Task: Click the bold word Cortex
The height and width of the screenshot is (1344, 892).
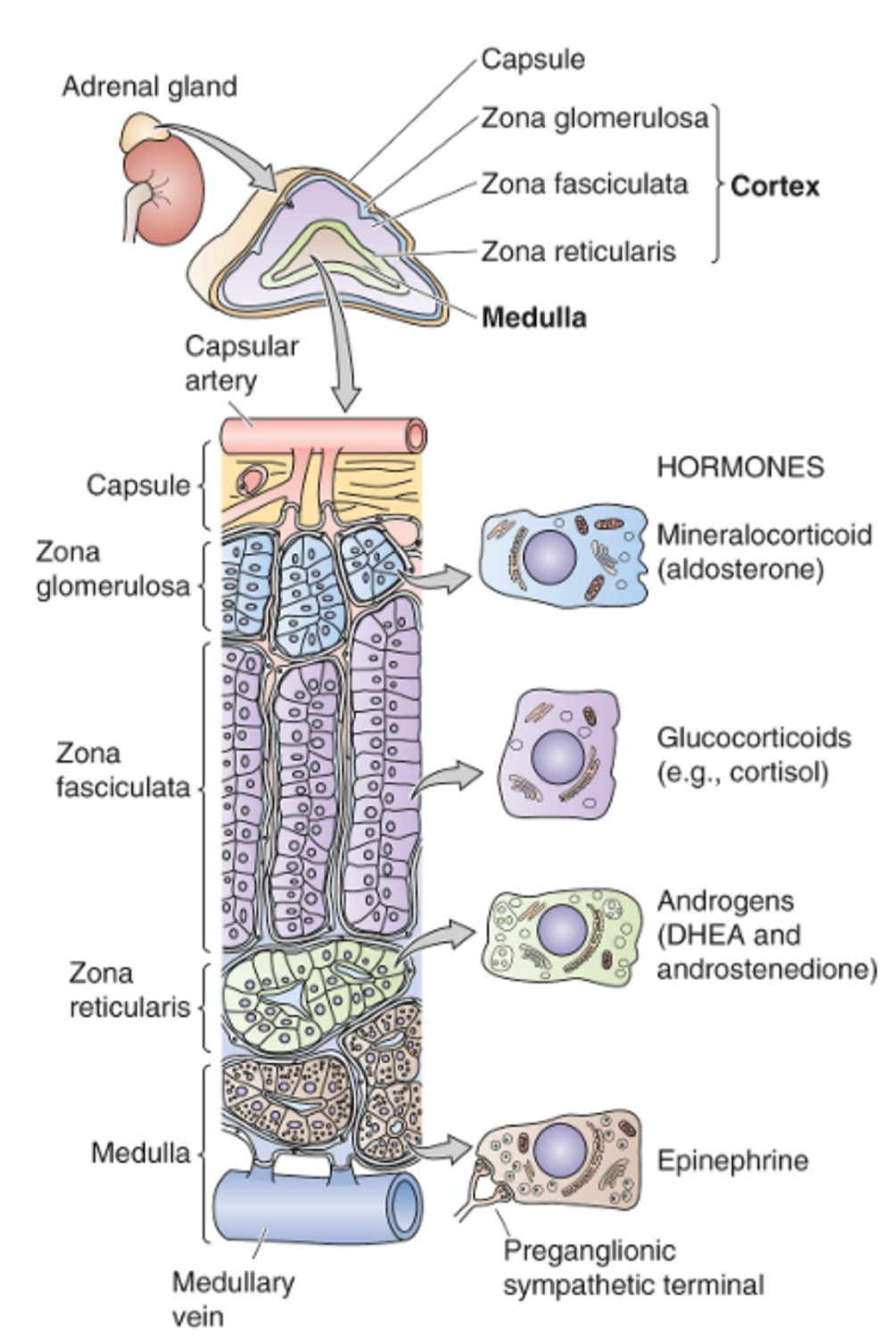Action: coord(774,186)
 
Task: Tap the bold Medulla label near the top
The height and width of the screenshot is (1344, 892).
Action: coord(533,318)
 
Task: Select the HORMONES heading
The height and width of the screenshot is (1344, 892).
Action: coord(739,468)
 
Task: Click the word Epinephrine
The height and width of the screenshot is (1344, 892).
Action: coord(732,1160)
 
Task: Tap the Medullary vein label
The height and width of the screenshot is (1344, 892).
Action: coord(233,1298)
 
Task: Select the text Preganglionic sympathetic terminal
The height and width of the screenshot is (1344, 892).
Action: coord(632,1267)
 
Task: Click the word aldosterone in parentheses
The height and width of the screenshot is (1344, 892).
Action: coord(739,568)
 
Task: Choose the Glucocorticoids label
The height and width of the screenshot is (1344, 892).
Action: coord(754,738)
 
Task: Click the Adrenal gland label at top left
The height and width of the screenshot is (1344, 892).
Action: coord(149,87)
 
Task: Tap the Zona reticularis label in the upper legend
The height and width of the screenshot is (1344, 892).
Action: coord(578,252)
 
